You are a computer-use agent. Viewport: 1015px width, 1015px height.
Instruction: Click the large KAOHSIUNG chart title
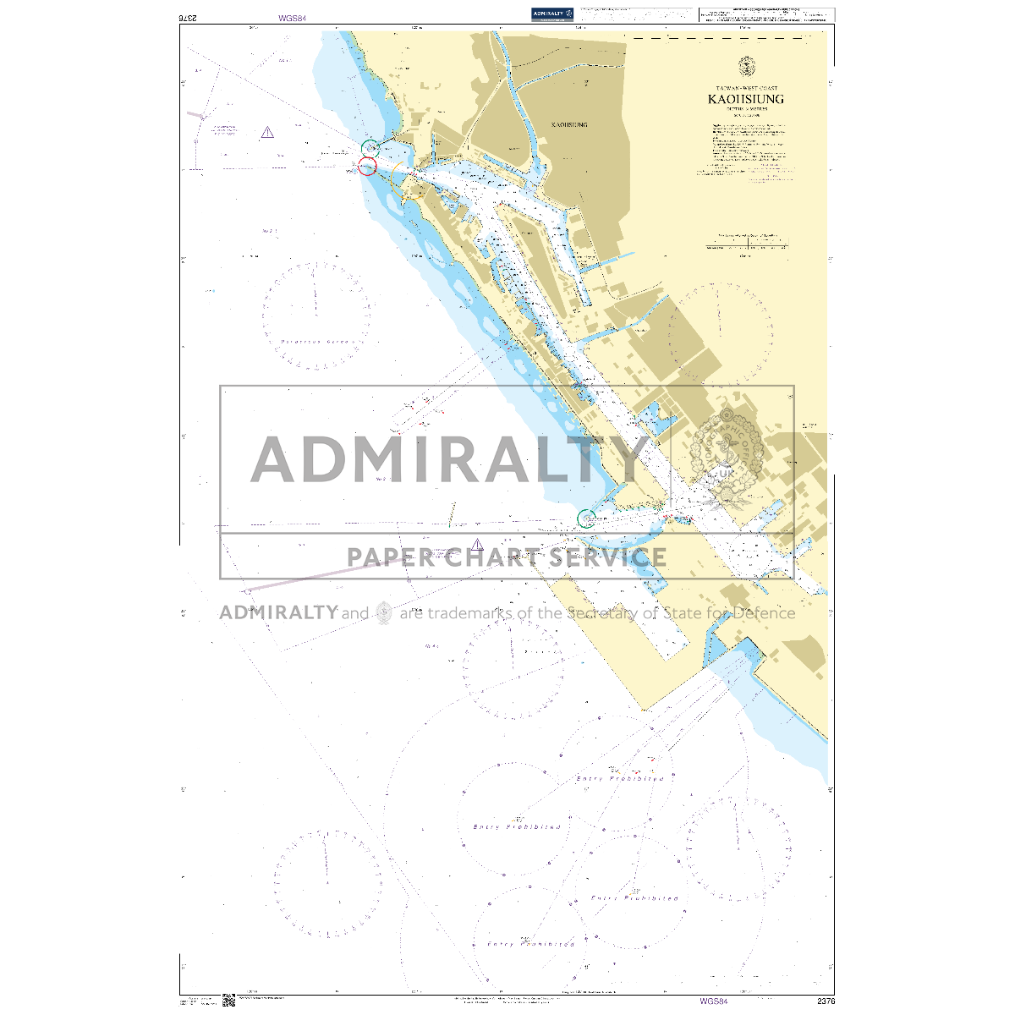click(x=746, y=99)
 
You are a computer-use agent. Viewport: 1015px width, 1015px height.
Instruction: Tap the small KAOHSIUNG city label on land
click(x=569, y=124)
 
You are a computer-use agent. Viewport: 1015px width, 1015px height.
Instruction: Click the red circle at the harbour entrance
click(x=367, y=166)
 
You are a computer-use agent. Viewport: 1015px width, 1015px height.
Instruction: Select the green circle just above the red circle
click(x=370, y=148)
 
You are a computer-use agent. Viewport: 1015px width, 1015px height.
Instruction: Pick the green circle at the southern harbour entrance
click(x=584, y=517)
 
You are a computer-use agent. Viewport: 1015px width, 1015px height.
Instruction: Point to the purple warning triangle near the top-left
click(x=267, y=132)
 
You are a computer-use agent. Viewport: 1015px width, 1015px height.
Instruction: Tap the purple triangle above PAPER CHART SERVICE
click(x=478, y=545)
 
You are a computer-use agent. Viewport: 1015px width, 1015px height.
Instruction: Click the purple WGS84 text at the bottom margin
click(x=713, y=1001)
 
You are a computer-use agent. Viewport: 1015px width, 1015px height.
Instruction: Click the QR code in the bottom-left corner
click(x=228, y=1001)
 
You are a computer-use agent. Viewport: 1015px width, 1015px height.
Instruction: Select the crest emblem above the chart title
click(x=746, y=66)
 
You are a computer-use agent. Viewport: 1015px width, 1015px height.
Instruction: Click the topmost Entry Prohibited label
click(x=619, y=778)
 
